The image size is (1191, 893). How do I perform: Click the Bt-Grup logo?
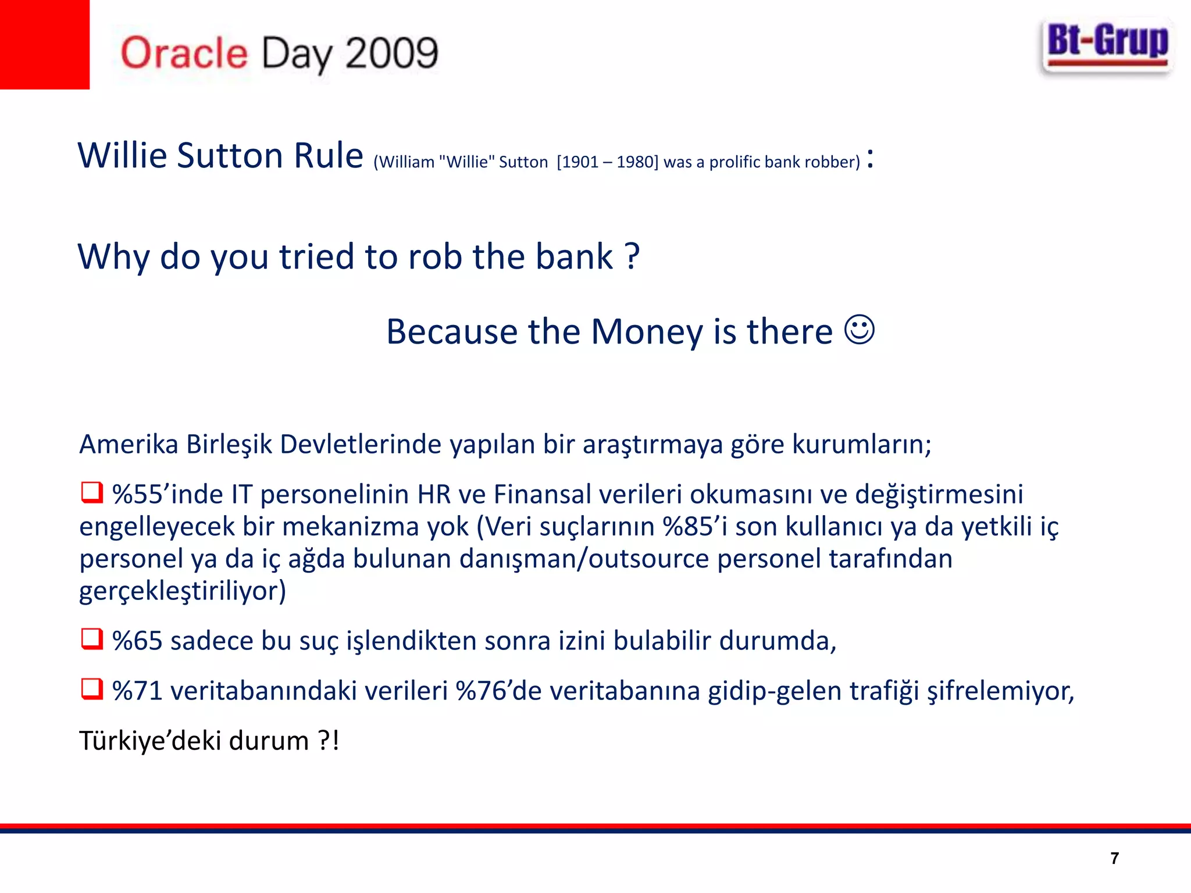pyautogui.click(x=1107, y=47)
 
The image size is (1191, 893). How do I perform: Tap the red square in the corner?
pyautogui.click(x=44, y=44)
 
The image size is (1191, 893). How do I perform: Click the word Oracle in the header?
pyautogui.click(x=184, y=53)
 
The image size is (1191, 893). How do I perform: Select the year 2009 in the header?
pyautogui.click(x=391, y=53)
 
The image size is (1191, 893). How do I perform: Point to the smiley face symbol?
pyautogui.click(x=859, y=330)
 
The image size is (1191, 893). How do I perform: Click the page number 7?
pyautogui.click(x=1114, y=858)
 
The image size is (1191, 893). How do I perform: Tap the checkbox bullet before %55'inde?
pyautogui.click(x=92, y=492)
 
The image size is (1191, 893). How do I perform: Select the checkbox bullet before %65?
pyautogui.click(x=92, y=639)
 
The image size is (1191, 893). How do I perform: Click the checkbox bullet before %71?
pyautogui.click(x=92, y=689)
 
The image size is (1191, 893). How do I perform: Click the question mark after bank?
pyautogui.click(x=632, y=256)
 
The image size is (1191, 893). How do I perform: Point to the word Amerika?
pyautogui.click(x=129, y=444)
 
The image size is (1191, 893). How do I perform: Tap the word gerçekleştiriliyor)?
pyautogui.click(x=183, y=591)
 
